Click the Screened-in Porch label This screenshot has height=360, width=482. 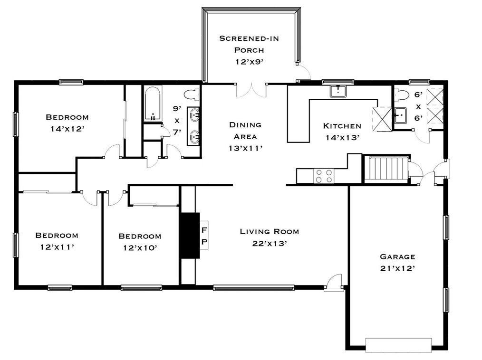coord(249,44)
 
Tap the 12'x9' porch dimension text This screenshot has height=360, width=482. coord(250,62)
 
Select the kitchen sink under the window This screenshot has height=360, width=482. coord(338,91)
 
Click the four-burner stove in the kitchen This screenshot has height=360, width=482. coord(324,176)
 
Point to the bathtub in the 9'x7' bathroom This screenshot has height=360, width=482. coord(153,104)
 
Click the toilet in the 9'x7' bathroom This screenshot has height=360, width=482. coord(191,95)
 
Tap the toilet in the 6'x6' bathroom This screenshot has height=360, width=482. coord(401,95)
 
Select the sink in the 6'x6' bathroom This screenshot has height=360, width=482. coord(400,115)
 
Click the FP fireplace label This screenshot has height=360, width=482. coord(204,236)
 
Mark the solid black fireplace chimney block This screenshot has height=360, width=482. coord(190,236)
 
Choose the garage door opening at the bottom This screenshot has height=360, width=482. coord(398,345)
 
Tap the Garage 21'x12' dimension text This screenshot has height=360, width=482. coord(398,268)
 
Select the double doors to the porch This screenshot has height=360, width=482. coord(251,90)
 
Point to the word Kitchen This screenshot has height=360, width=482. coord(342,126)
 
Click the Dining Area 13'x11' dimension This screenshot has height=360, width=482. coord(246,148)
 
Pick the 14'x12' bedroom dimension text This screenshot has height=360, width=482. coord(67,129)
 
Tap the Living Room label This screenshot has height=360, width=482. coord(269,232)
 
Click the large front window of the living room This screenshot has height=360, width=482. coord(254,288)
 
